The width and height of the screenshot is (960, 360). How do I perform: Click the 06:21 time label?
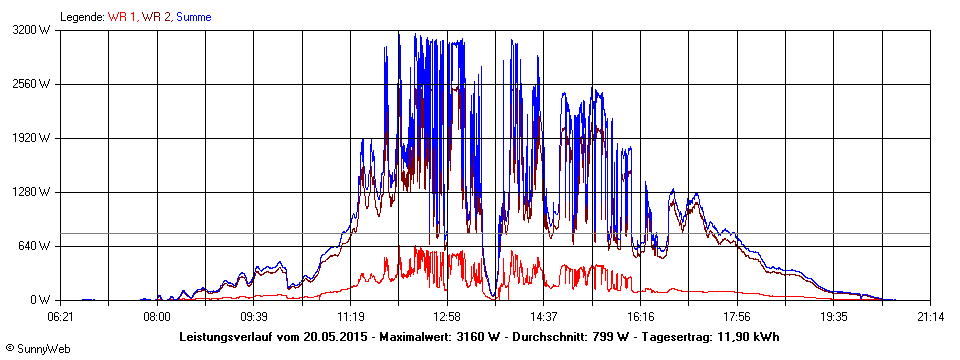click(x=61, y=317)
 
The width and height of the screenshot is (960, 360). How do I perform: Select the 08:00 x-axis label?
click(x=156, y=317)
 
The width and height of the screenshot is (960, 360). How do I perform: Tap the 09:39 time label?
click(x=253, y=317)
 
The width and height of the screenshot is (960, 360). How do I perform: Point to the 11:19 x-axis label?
click(x=350, y=317)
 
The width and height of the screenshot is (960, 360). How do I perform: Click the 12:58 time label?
click(x=447, y=317)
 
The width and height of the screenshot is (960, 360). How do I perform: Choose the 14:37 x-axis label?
click(x=543, y=317)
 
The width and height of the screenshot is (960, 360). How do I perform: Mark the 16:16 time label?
click(x=640, y=317)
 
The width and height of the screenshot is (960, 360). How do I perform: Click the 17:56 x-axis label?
click(x=737, y=317)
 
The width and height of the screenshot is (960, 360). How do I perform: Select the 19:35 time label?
click(x=834, y=317)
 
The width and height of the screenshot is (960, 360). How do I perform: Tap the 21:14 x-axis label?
click(x=930, y=317)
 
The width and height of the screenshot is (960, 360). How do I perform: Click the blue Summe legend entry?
click(x=193, y=17)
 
